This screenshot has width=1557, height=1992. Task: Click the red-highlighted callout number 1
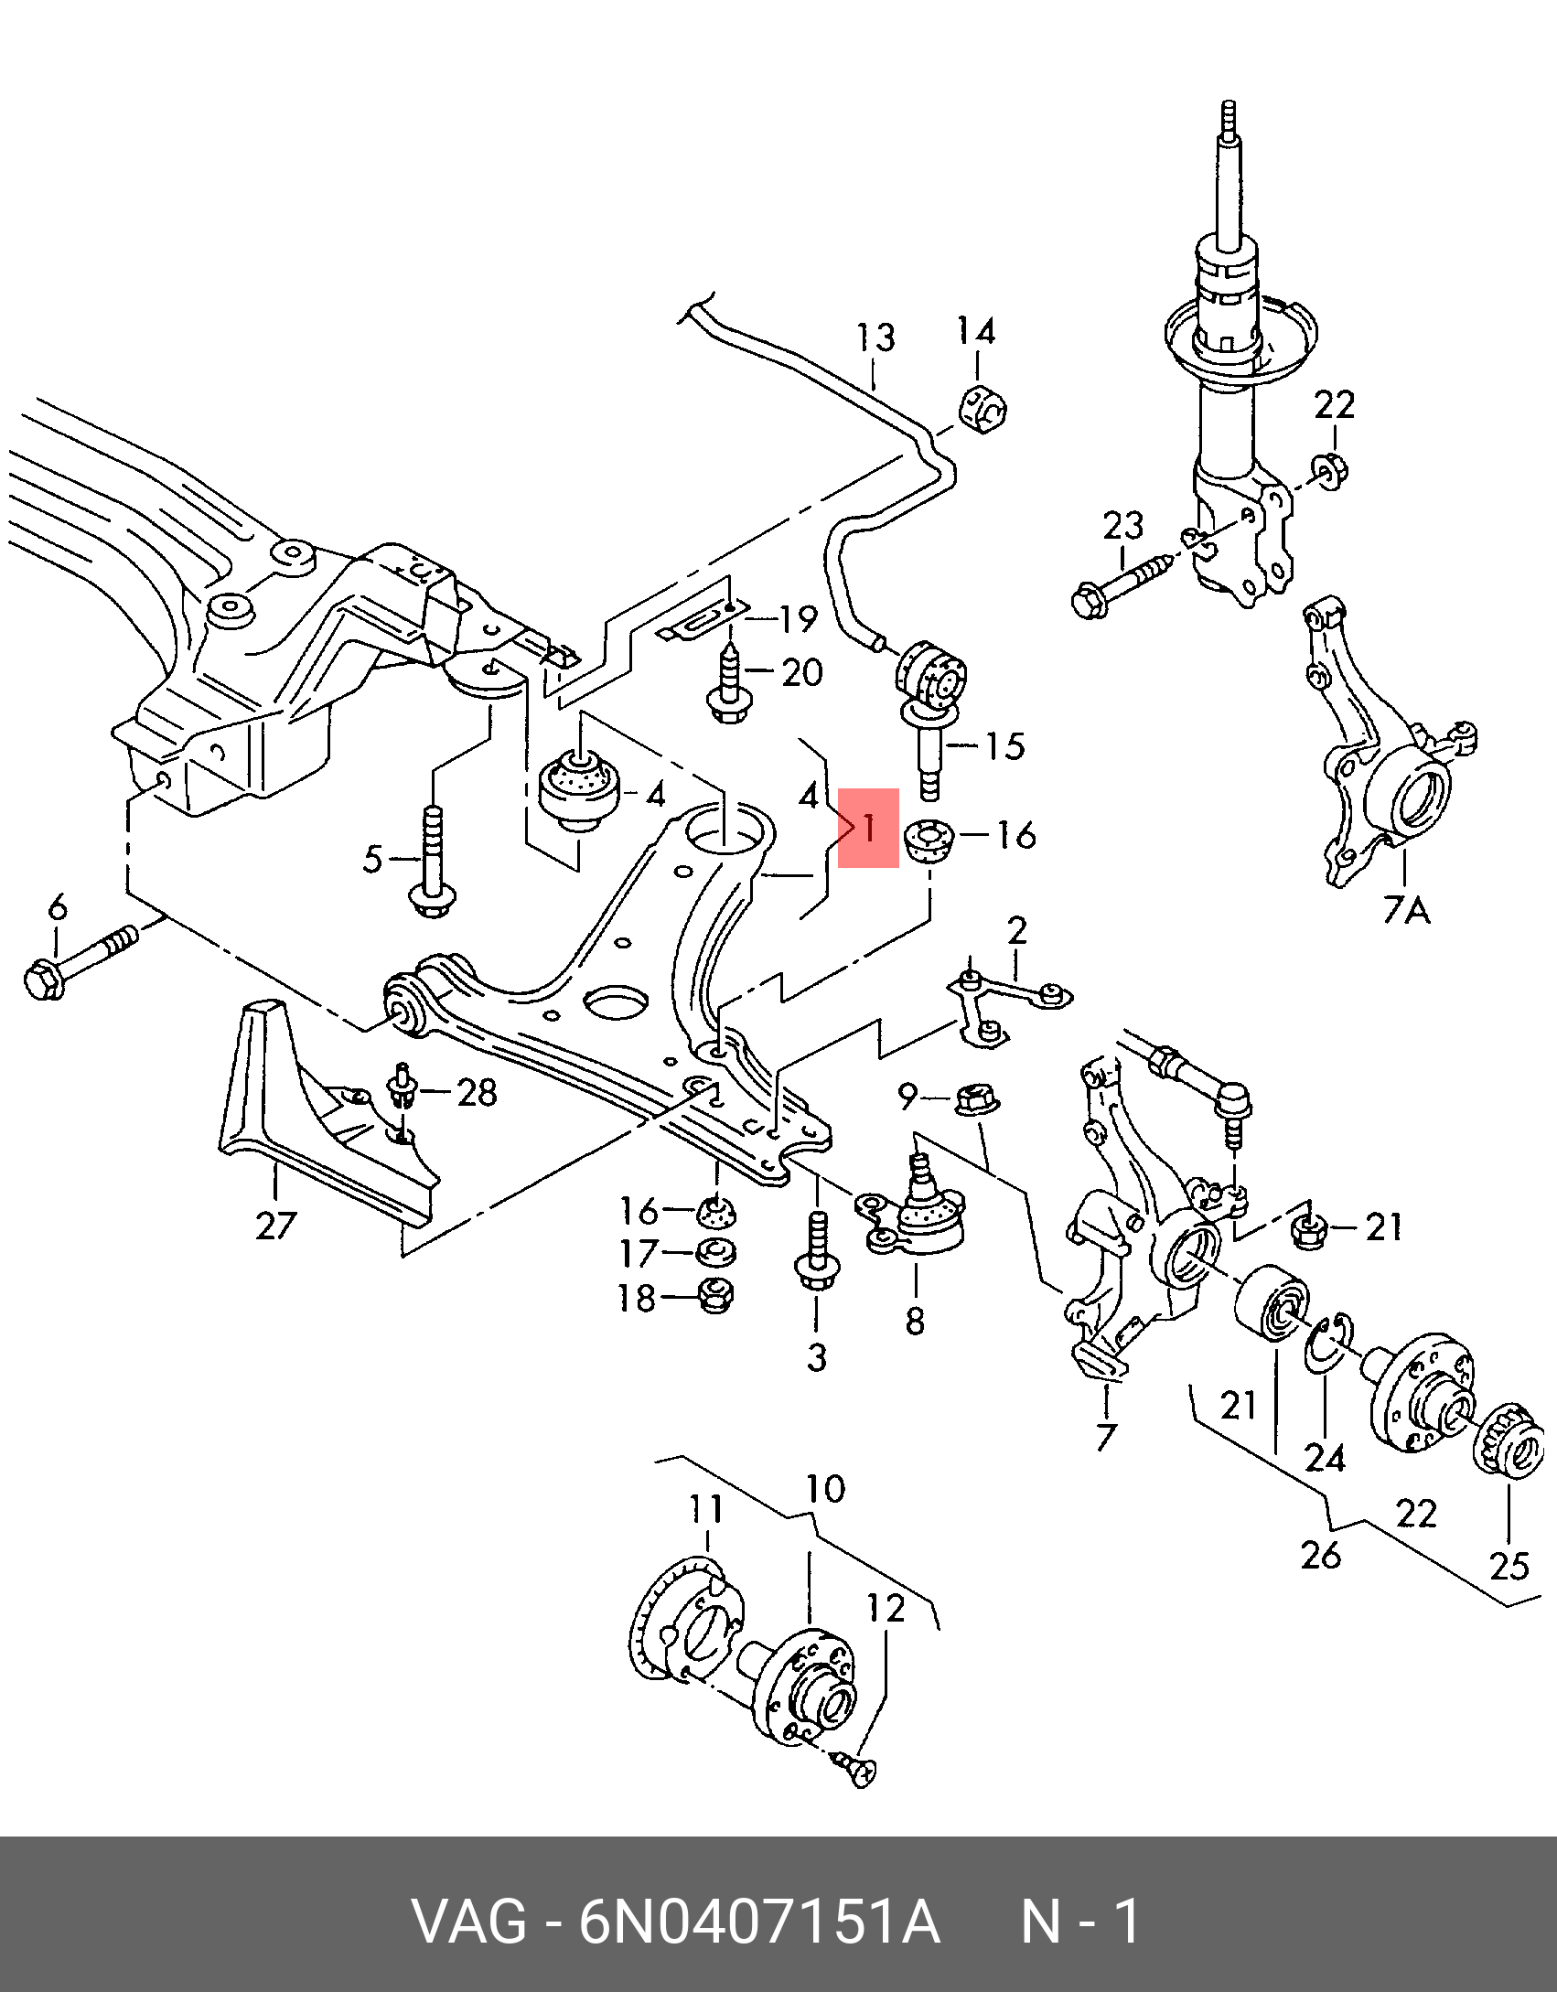(x=868, y=828)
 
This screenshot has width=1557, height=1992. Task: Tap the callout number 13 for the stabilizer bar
(x=875, y=337)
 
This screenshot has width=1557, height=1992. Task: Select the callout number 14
(x=976, y=330)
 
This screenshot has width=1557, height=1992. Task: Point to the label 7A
(x=1406, y=910)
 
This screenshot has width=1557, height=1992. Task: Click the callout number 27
(x=276, y=1225)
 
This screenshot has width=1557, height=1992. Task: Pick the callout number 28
(x=477, y=1092)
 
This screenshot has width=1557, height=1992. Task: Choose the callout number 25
(x=1509, y=1566)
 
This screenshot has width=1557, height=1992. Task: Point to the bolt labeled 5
(x=433, y=861)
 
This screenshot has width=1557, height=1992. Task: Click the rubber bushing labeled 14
(x=983, y=408)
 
